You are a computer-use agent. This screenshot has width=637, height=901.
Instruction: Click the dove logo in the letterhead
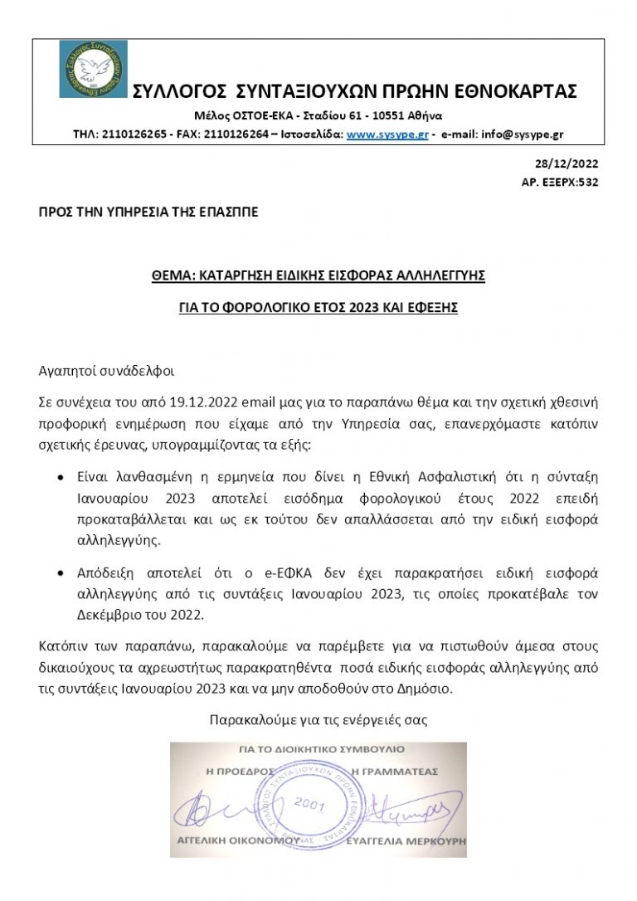[x=94, y=69]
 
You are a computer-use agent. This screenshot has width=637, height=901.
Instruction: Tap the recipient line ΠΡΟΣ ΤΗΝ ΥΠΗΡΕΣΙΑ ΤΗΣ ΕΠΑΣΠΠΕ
[x=148, y=212]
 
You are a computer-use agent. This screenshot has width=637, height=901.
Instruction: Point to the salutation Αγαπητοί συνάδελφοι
[x=107, y=370]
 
